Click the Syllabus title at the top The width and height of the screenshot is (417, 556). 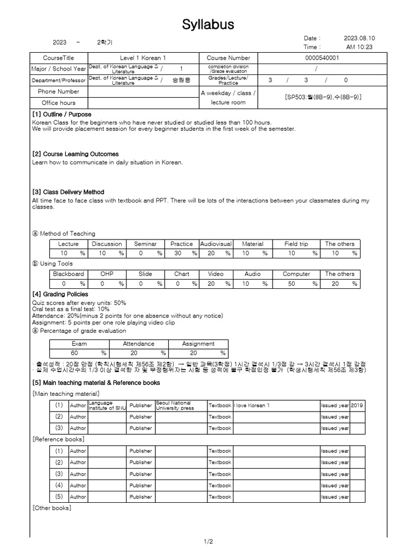click(x=208, y=24)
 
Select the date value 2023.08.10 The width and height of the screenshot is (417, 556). click(x=359, y=39)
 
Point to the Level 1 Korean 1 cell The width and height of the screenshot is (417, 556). click(x=143, y=58)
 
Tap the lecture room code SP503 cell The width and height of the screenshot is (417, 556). click(x=323, y=97)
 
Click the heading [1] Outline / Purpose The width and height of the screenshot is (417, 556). click(x=61, y=115)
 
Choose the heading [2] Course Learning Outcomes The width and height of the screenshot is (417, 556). click(x=75, y=154)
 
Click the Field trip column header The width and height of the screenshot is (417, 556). click(x=296, y=244)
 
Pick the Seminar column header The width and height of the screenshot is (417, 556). click(x=145, y=244)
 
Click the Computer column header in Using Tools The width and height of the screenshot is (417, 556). click(x=296, y=274)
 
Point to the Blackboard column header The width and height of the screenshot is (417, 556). click(x=68, y=274)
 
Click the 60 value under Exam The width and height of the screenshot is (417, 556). click(x=75, y=353)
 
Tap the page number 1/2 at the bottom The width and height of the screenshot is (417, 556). click(x=208, y=541)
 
